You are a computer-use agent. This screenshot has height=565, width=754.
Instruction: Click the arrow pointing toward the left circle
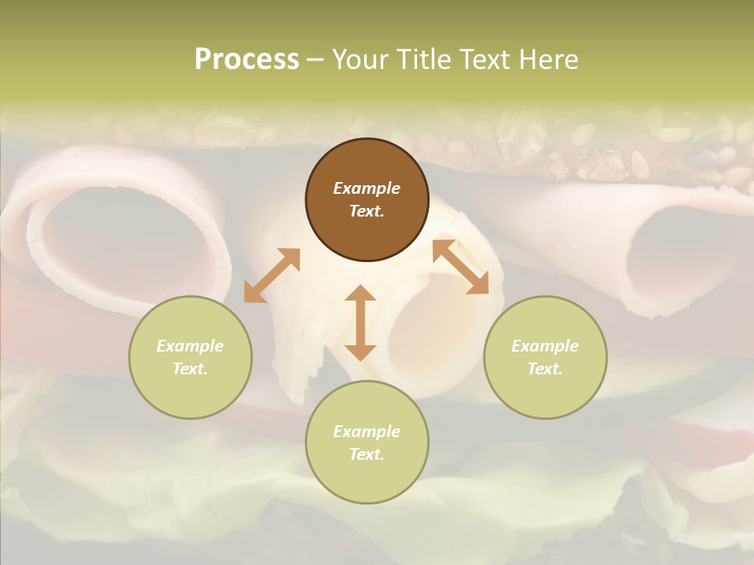(272, 275)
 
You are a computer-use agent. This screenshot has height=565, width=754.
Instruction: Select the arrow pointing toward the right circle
(460, 267)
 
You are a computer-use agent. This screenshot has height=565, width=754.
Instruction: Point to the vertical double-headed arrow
(361, 323)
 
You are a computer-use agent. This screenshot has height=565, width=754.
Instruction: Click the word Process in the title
(247, 59)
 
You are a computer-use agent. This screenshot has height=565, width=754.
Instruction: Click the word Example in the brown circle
(367, 188)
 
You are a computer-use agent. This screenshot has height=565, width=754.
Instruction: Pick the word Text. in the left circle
(190, 369)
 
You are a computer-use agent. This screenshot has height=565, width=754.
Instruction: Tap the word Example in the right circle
(545, 346)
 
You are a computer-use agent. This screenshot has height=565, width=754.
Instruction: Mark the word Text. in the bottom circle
(367, 454)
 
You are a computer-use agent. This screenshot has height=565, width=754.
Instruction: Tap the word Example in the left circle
(190, 346)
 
